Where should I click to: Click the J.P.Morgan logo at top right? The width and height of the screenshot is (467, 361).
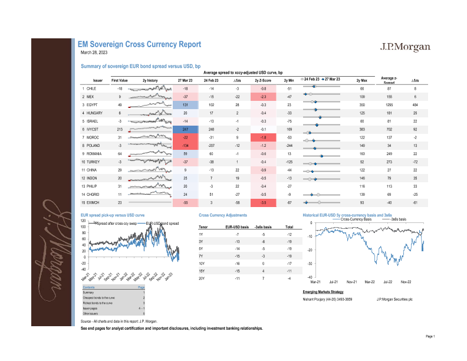tap(405, 47)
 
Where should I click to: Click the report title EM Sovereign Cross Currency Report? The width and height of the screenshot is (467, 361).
tap(140, 44)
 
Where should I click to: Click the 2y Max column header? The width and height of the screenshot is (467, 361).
tap(361, 80)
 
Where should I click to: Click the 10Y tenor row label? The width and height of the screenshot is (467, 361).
tap(202, 264)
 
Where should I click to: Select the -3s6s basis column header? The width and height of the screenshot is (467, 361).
tap(263, 227)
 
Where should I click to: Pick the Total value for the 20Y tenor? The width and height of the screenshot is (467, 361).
tap(289, 278)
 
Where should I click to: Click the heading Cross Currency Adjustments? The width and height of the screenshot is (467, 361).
tap(223, 216)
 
